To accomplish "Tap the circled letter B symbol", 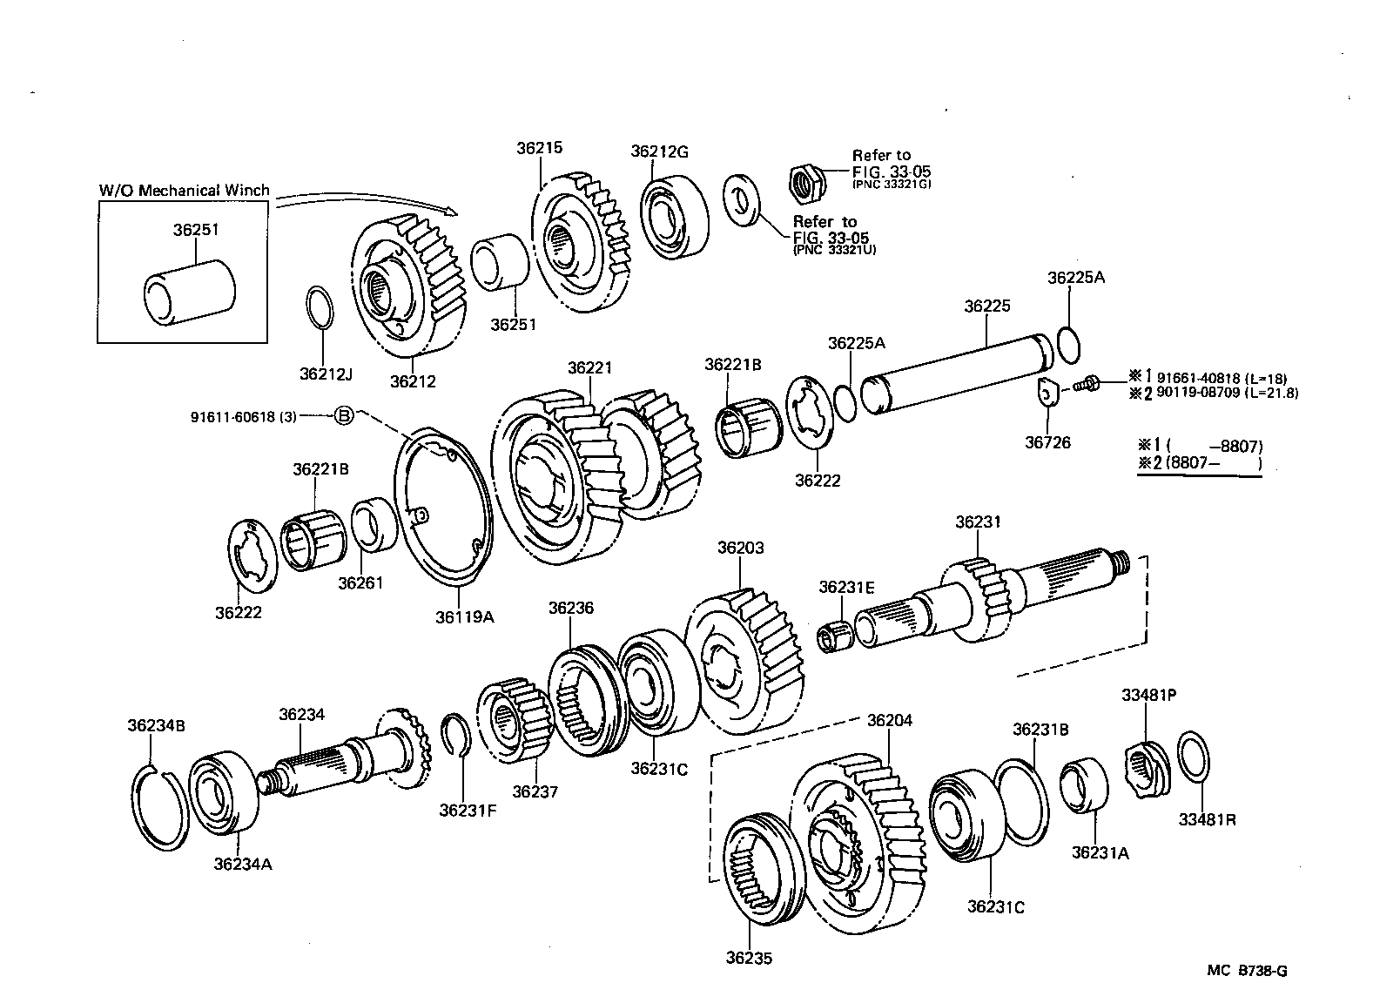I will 344,416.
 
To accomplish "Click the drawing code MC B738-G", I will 1246,971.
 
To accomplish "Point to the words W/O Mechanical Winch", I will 184,190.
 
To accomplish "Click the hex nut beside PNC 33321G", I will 806,180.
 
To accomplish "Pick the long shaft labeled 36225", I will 958,370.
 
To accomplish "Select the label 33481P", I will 1148,695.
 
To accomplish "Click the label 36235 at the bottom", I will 748,958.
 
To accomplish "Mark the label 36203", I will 740,548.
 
